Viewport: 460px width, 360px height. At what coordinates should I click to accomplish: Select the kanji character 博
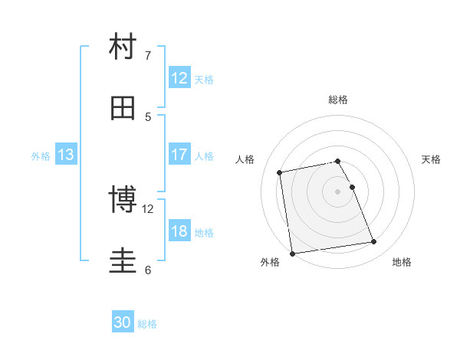click(123, 199)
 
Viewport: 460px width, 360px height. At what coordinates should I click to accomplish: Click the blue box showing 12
click(179, 78)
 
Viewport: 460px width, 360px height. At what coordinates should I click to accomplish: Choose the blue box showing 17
click(179, 155)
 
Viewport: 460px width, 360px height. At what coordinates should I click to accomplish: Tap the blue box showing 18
click(179, 231)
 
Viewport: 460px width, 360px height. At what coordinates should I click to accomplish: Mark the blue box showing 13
click(65, 155)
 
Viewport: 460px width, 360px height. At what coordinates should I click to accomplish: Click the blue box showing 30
click(123, 322)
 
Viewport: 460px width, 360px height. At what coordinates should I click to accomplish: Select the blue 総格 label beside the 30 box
click(147, 324)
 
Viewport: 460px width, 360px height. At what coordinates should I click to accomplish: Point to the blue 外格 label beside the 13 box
click(41, 156)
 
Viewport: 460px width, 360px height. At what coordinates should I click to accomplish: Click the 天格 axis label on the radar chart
click(431, 159)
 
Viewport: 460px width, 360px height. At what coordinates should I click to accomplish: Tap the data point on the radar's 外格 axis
click(292, 254)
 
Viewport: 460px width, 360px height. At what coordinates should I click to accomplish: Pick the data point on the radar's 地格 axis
click(373, 242)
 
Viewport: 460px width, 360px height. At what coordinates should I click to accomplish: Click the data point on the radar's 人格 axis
click(280, 172)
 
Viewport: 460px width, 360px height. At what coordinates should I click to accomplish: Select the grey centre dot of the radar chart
click(338, 191)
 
